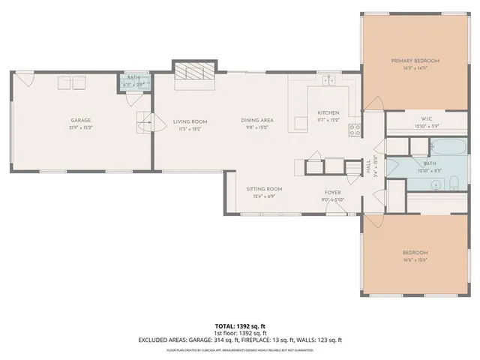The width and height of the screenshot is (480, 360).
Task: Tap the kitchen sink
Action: pyautogui.click(x=328, y=79)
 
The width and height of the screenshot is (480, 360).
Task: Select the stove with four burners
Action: pyautogui.click(x=355, y=128)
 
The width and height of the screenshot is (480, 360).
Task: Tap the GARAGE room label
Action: pyautogui.click(x=81, y=120)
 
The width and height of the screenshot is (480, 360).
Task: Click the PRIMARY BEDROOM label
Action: pyautogui.click(x=415, y=60)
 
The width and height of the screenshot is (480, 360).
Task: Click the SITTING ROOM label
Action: pyautogui.click(x=264, y=189)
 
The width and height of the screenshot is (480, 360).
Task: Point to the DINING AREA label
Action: pyautogui.click(x=256, y=121)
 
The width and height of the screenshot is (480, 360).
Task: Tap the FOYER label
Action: pyautogui.click(x=333, y=193)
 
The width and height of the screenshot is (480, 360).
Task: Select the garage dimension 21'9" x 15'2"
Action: pyautogui.click(x=81, y=127)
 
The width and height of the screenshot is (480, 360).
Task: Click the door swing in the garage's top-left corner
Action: pyautogui.click(x=24, y=77)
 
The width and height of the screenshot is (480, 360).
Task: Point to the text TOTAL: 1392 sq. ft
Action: pyautogui.click(x=240, y=325)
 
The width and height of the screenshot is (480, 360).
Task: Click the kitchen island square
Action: pyautogui.click(x=300, y=122)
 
